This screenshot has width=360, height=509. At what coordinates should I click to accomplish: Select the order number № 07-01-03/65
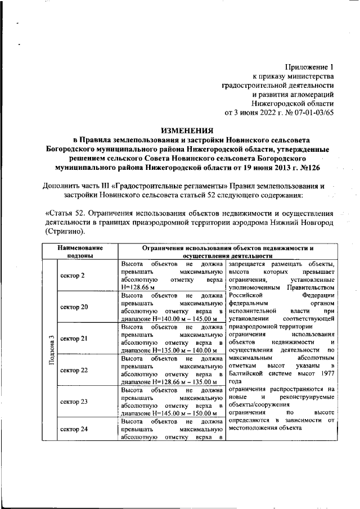(308, 112)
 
